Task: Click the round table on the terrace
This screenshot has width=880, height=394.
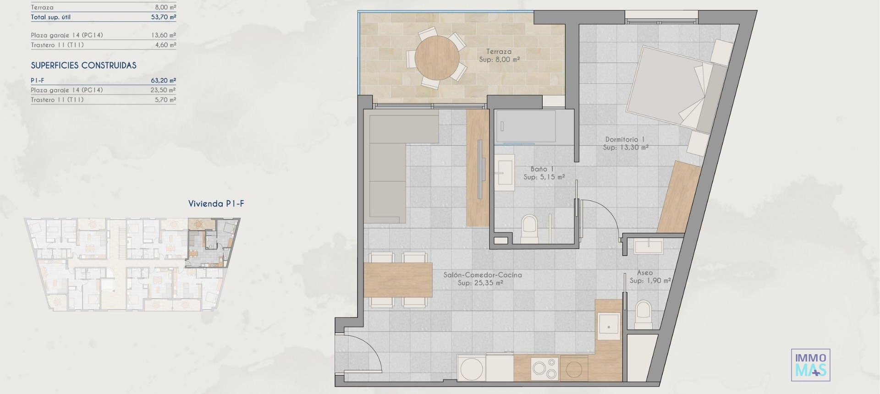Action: tap(437, 58)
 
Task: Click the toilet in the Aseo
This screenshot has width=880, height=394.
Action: tap(643, 314)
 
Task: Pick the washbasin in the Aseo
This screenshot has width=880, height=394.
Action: tap(648, 247)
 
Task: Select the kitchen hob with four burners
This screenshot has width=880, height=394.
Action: tap(545, 368)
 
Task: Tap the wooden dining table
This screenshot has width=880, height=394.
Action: tap(398, 279)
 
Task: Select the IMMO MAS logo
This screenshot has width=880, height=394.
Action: tap(810, 365)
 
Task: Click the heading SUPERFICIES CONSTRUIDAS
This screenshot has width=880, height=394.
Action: tap(83, 66)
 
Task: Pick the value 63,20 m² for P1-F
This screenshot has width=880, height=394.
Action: tap(163, 81)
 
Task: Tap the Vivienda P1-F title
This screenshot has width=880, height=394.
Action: tap(216, 204)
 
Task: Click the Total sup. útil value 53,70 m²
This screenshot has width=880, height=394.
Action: tap(163, 17)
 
